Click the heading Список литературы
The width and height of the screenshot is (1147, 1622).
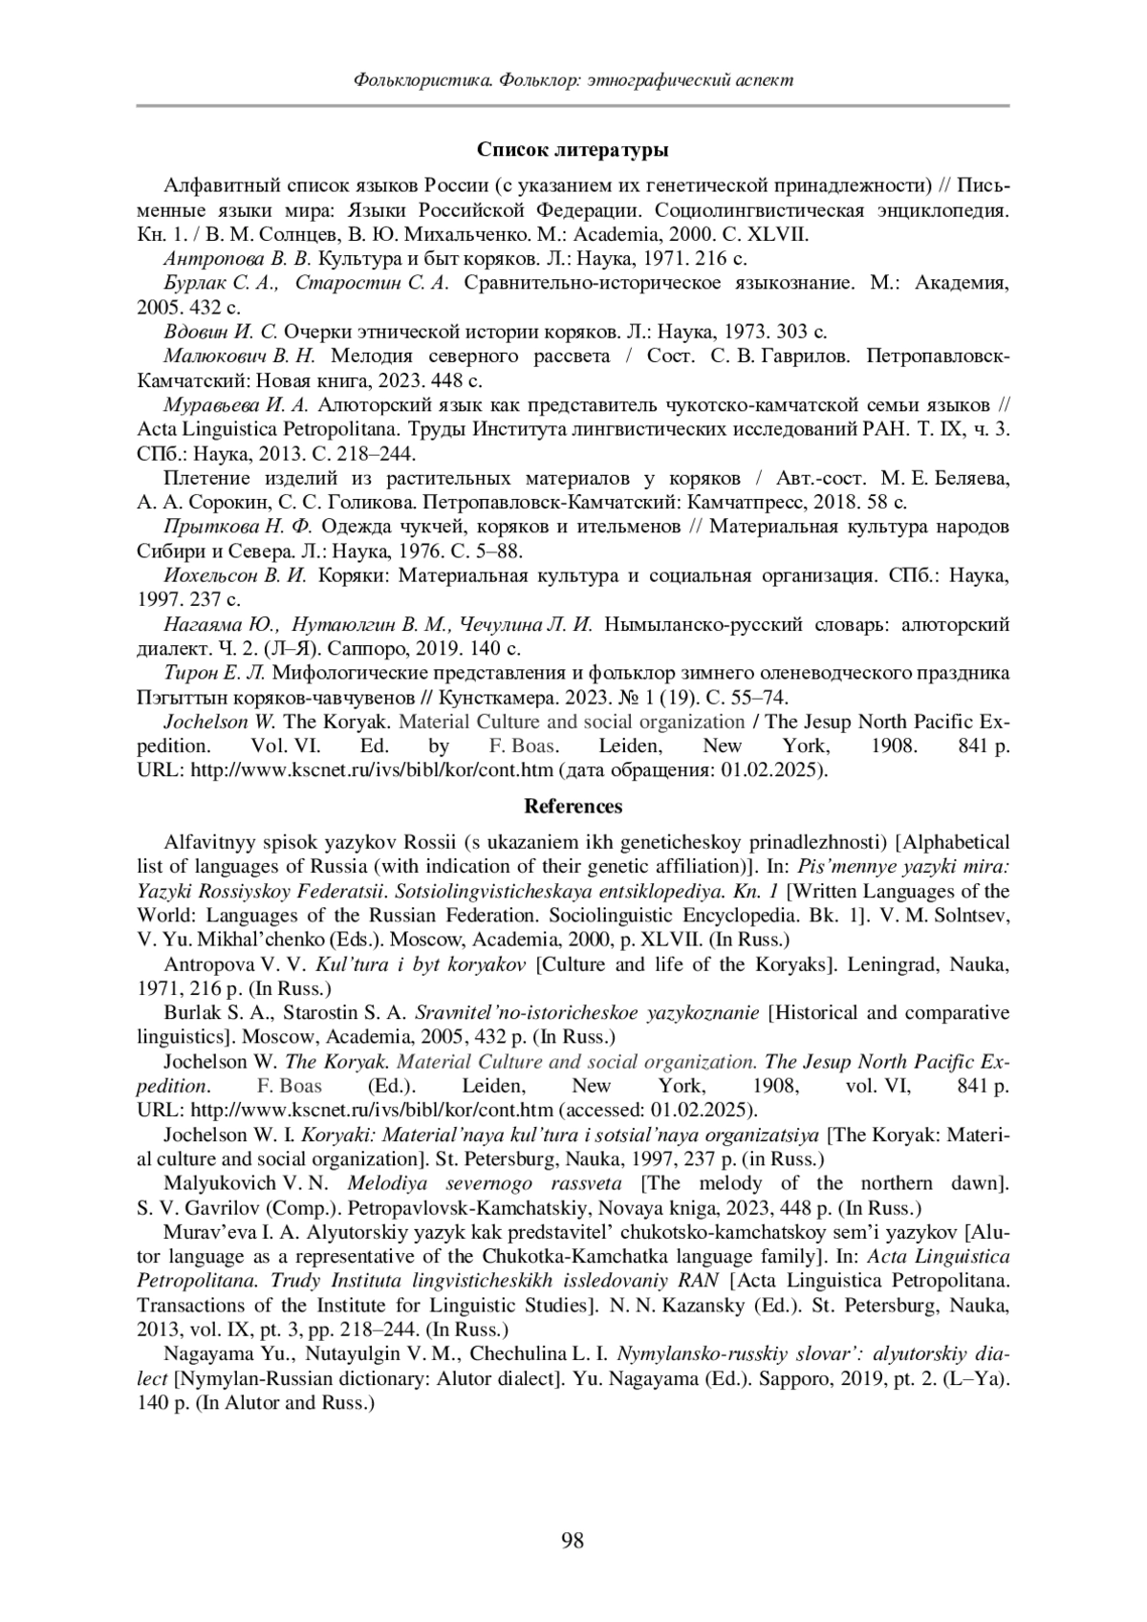tap(573, 150)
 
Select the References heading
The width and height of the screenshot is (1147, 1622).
tap(573, 806)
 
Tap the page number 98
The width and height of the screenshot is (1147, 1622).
tap(573, 1540)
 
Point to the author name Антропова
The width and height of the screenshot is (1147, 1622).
tap(206, 258)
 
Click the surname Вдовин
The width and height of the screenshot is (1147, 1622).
tap(194, 332)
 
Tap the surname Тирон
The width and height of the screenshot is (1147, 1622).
tap(188, 673)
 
